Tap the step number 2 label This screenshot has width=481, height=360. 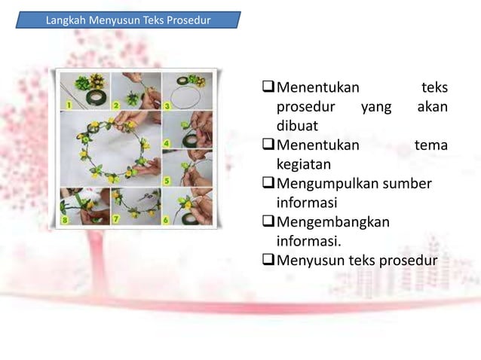pyautogui.click(x=116, y=105)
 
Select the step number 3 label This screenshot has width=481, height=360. pyautogui.click(x=167, y=106)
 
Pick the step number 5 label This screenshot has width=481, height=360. pyautogui.click(x=167, y=181)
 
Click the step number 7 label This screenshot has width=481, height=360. pyautogui.click(x=117, y=220)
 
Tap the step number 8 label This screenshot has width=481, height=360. pyautogui.click(x=66, y=220)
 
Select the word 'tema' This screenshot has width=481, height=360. pyautogui.click(x=431, y=144)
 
